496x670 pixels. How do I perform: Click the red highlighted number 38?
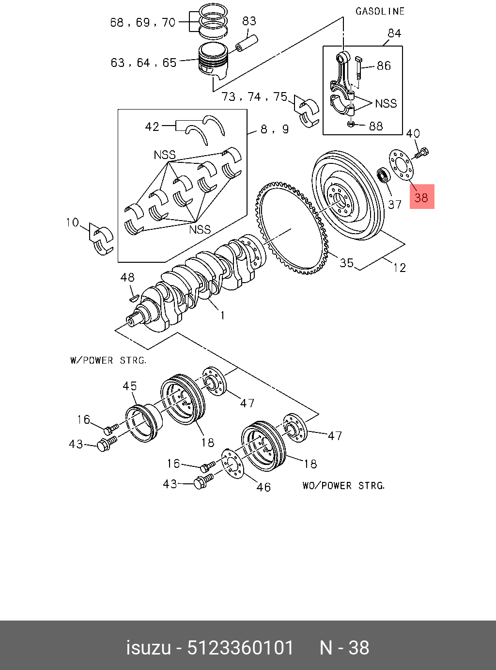pyautogui.click(x=421, y=197)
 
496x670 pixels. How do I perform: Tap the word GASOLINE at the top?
pyautogui.click(x=380, y=11)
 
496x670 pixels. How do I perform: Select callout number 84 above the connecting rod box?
pyautogui.click(x=394, y=33)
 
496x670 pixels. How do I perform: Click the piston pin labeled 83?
pyautogui.click(x=247, y=42)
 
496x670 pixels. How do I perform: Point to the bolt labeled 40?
pyautogui.click(x=420, y=154)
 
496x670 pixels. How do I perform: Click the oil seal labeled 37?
pyautogui.click(x=384, y=175)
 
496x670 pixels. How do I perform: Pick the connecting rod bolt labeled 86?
pyautogui.click(x=359, y=67)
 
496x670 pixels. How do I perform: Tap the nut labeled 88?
pyautogui.click(x=351, y=125)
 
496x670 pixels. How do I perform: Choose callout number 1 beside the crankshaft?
pyautogui.click(x=222, y=316)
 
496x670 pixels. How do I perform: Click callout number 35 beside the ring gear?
pyautogui.click(x=346, y=263)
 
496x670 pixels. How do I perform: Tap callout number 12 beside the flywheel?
pyautogui.click(x=399, y=268)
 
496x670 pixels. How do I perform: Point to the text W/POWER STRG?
pyautogui.click(x=108, y=361)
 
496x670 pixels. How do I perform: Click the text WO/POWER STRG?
pyautogui.click(x=343, y=485)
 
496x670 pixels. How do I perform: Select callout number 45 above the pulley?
pyautogui.click(x=129, y=386)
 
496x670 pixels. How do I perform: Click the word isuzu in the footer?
pyautogui.click(x=148, y=648)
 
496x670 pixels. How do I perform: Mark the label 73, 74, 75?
pyautogui.click(x=254, y=97)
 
